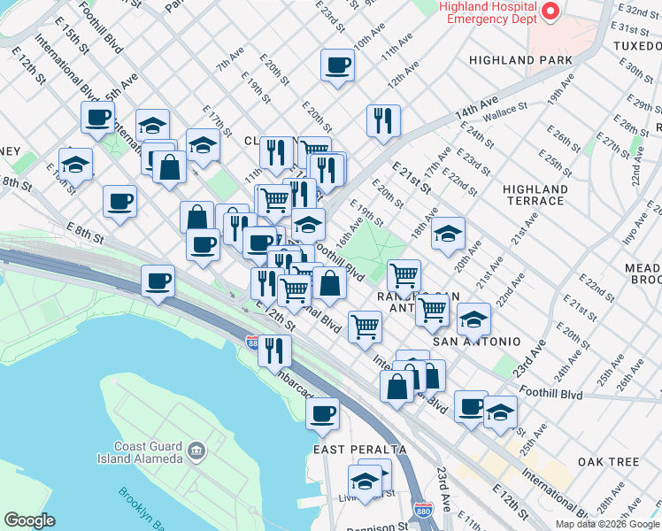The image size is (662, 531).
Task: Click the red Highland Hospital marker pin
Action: coord(550,12)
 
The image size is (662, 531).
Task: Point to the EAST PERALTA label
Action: coord(347,450)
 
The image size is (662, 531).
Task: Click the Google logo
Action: coord(29,519)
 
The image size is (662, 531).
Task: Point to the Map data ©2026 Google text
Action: coord(607,524)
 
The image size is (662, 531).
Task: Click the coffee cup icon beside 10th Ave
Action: coord(337,65)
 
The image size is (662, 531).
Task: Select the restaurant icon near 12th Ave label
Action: coord(383,120)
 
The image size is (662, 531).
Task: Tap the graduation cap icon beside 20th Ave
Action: coord(449,234)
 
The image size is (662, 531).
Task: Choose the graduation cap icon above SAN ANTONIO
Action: coord(473,319)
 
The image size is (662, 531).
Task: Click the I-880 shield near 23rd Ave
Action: coord(422,511)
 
